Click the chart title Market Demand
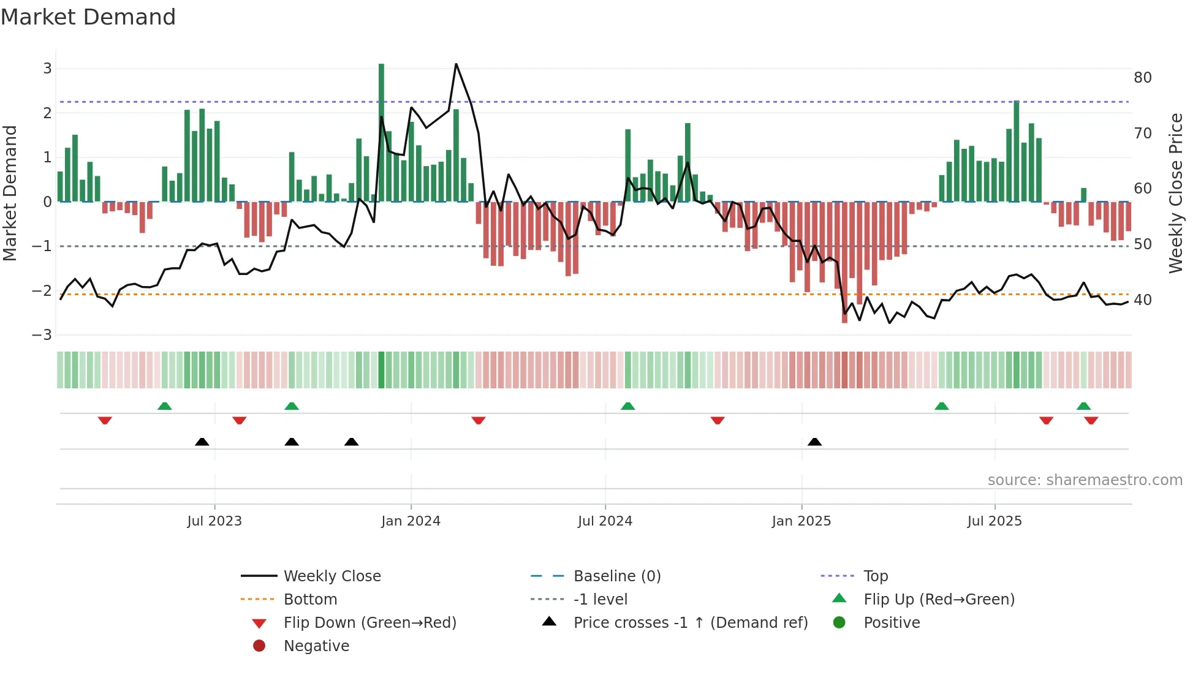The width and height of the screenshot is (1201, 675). coord(88,17)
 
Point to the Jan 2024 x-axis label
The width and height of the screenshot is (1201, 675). coord(411,521)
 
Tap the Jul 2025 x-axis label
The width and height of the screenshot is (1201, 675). coord(995,521)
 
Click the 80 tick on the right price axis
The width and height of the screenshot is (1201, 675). coord(1142,78)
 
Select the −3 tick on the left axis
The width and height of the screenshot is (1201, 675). coord(42,335)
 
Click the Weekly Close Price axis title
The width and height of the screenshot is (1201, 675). coord(1175,193)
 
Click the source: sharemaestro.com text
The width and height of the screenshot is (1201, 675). coord(1085,480)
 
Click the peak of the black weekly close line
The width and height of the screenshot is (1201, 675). coord(456,64)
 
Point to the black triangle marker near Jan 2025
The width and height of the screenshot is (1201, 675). coord(814,442)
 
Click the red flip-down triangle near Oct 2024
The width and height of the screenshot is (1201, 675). coord(718,420)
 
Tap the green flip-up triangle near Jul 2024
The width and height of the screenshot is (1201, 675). coord(627,406)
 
